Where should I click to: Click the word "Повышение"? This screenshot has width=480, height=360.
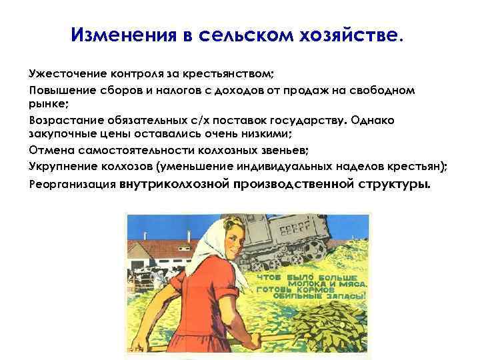click(x=59, y=89)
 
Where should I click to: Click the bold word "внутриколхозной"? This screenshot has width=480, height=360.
click(x=175, y=182)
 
